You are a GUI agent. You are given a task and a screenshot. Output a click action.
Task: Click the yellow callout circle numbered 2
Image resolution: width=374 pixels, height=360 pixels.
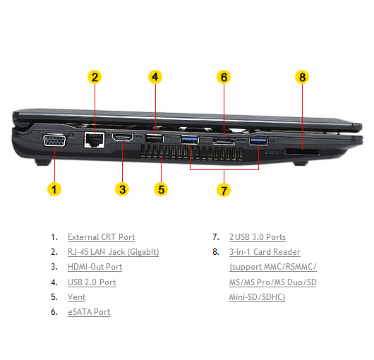[x=95, y=77]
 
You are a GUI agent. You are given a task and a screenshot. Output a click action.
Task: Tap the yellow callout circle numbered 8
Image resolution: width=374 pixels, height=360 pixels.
[x=302, y=77]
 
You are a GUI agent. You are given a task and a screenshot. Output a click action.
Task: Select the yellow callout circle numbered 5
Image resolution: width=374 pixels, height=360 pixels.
[x=161, y=189]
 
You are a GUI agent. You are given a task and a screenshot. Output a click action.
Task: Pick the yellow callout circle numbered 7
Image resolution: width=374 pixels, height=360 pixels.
[x=224, y=190]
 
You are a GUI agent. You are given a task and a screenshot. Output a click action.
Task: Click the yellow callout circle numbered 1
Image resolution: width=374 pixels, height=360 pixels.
[x=54, y=189]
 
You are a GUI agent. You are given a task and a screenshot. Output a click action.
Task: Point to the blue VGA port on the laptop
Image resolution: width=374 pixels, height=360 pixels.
[x=54, y=140]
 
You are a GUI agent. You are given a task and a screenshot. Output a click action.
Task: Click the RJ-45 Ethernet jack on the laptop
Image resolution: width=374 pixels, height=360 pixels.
[x=95, y=140]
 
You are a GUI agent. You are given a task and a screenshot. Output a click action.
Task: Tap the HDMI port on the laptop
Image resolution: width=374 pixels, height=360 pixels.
[x=123, y=137]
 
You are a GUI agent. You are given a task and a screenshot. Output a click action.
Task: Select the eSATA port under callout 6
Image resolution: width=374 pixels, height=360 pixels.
[x=224, y=141]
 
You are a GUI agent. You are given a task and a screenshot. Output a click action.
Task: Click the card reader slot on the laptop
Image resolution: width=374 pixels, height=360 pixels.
[x=302, y=152]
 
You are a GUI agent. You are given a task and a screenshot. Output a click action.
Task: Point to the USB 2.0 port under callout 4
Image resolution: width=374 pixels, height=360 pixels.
[x=154, y=138]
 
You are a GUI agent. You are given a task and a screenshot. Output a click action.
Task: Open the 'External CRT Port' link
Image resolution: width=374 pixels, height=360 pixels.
[x=102, y=237]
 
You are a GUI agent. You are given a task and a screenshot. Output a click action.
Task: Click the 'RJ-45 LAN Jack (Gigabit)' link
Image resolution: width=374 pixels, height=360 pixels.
[x=114, y=252]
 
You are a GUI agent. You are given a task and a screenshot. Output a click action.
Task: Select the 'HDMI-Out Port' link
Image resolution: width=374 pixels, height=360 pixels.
[x=95, y=267]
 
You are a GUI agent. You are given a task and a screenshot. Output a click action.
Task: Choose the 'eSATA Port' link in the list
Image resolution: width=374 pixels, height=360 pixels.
[x=89, y=312]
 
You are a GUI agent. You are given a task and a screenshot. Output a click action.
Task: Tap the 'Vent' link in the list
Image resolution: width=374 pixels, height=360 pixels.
[x=77, y=297]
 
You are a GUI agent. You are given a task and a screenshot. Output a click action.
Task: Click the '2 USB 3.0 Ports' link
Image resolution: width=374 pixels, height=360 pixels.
[x=258, y=237]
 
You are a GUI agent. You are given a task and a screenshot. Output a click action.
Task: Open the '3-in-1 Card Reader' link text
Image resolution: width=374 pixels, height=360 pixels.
[x=265, y=252]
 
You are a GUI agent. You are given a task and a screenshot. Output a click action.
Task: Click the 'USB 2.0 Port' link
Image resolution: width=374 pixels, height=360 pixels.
[x=92, y=282]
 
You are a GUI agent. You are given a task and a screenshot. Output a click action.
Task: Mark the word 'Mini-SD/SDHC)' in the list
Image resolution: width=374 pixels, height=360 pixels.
[x=258, y=297]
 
